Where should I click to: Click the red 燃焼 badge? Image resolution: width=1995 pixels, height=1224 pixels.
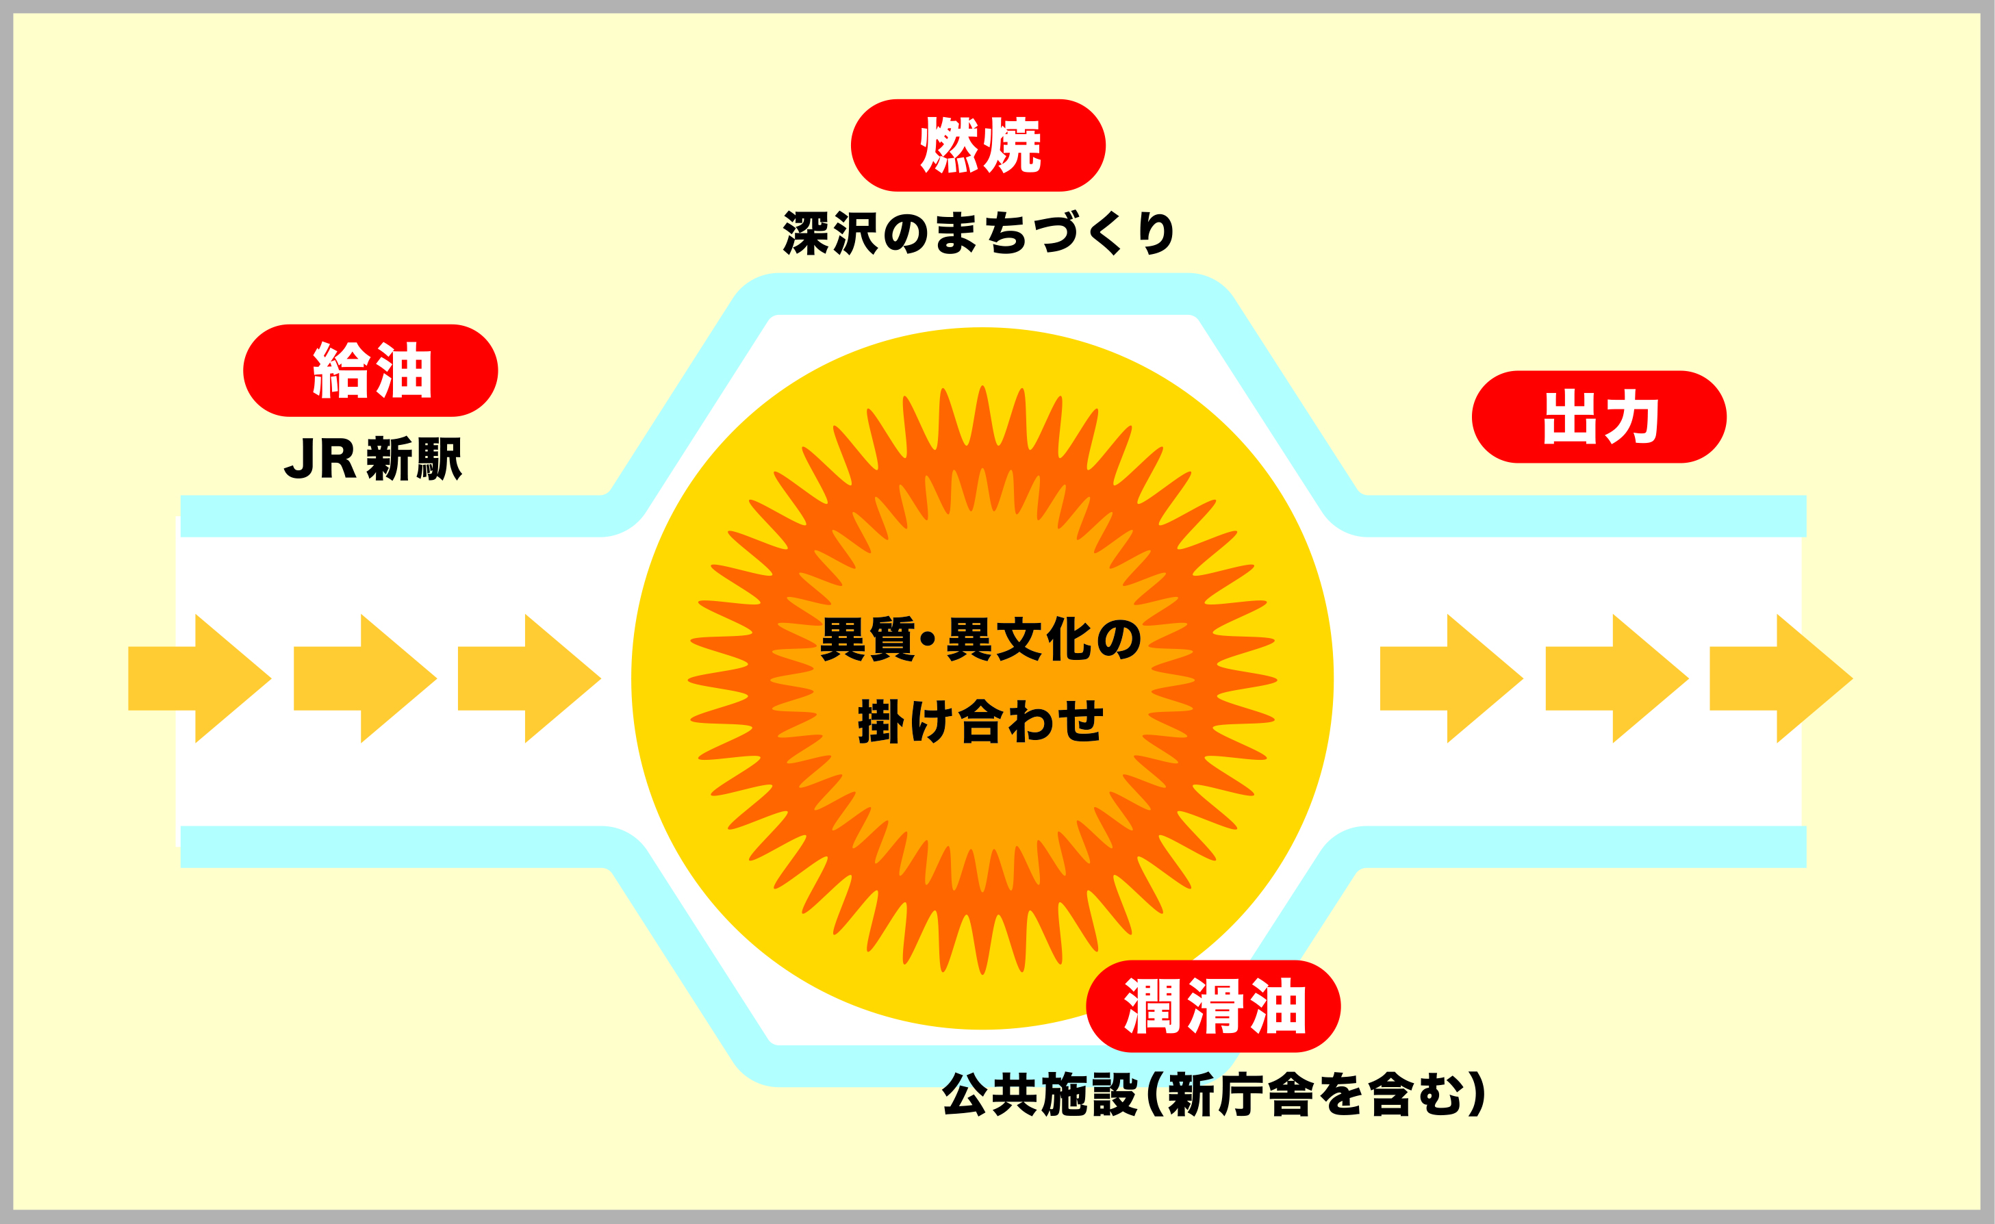pyautogui.click(x=978, y=146)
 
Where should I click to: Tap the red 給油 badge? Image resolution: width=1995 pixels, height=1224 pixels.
pyautogui.click(x=371, y=371)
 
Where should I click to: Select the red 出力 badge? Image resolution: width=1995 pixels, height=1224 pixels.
pyautogui.click(x=1599, y=417)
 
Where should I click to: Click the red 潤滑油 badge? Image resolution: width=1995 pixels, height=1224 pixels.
pyautogui.click(x=1214, y=1006)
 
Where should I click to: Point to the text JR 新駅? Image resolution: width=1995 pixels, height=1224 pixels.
pyautogui.click(x=372, y=459)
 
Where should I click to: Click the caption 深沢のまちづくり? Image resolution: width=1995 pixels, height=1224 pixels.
pyautogui.click(x=978, y=233)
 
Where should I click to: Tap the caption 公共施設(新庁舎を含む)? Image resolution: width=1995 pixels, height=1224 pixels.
pyautogui.click(x=1215, y=1095)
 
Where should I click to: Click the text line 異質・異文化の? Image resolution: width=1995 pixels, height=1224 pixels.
pyautogui.click(x=980, y=639)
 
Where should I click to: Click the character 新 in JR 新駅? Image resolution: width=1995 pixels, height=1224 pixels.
pyautogui.click(x=390, y=459)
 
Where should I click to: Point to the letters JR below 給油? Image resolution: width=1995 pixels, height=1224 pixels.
pyautogui.click(x=320, y=459)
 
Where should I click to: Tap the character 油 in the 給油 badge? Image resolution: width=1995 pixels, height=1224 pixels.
pyautogui.click(x=403, y=371)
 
